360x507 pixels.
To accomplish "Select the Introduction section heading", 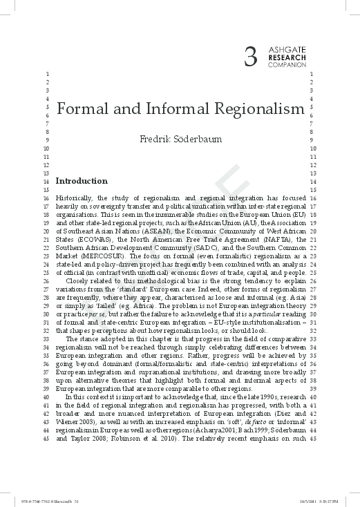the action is pyautogui.click(x=82, y=182).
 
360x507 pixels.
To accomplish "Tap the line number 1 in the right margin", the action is pyautogui.click(x=313, y=74).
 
